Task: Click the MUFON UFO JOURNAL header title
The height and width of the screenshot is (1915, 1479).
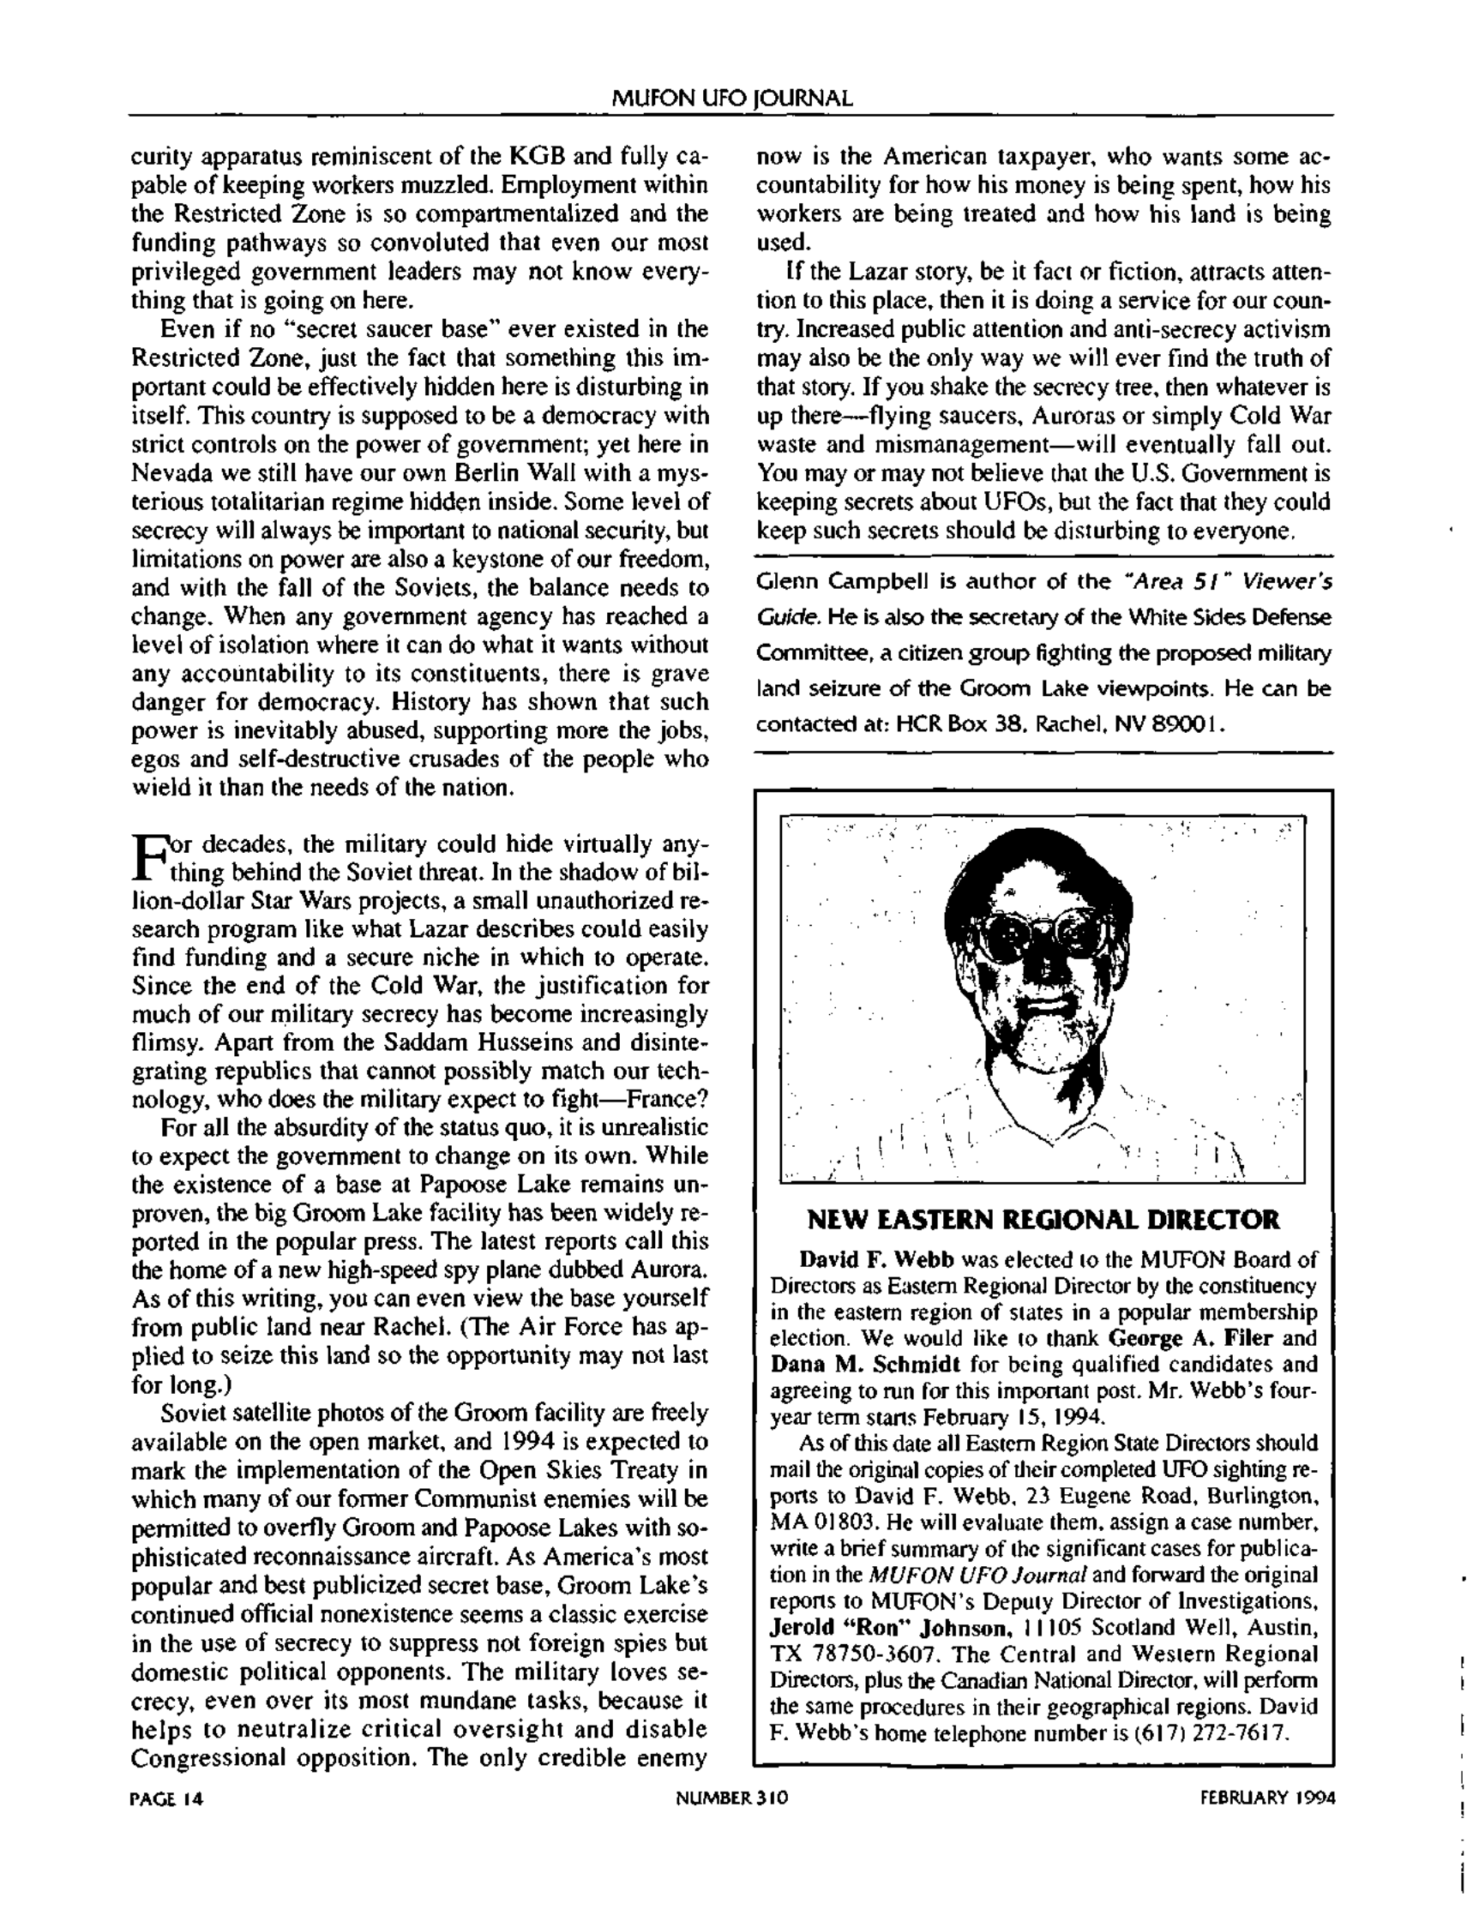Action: pyautogui.click(x=730, y=99)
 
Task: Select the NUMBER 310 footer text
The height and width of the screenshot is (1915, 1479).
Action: pyautogui.click(x=731, y=1798)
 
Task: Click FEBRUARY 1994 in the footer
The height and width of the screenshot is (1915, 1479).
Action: pyautogui.click(x=1266, y=1798)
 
